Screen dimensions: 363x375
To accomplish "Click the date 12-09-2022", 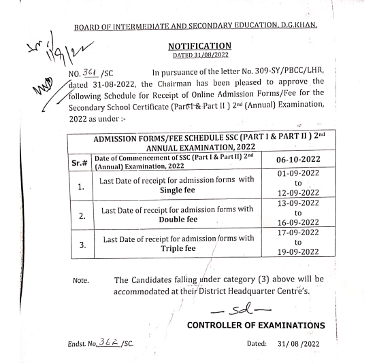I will coord(294,202).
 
